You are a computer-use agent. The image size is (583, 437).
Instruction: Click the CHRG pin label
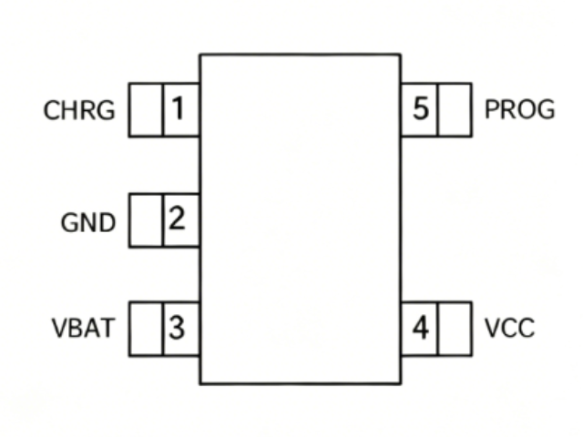tap(79, 110)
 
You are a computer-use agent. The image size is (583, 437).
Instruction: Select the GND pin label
tap(87, 223)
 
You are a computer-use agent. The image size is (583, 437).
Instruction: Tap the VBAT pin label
tap(83, 328)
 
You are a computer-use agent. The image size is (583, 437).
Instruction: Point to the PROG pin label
tap(520, 109)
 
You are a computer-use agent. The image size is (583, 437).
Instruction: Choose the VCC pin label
tap(510, 328)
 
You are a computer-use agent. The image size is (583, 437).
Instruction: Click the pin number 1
tap(179, 108)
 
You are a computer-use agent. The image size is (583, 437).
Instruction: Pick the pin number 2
tap(177, 218)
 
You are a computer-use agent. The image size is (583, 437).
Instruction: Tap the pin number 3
tap(177, 328)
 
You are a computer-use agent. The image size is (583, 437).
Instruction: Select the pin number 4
tap(421, 328)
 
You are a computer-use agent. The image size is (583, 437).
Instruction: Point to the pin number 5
tap(421, 108)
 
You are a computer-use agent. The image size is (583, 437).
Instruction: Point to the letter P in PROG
tap(492, 109)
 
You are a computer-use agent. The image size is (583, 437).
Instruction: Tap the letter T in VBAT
tap(106, 328)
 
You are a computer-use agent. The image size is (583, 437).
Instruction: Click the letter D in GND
tap(107, 223)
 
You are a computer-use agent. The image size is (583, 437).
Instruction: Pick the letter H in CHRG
tap(69, 110)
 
